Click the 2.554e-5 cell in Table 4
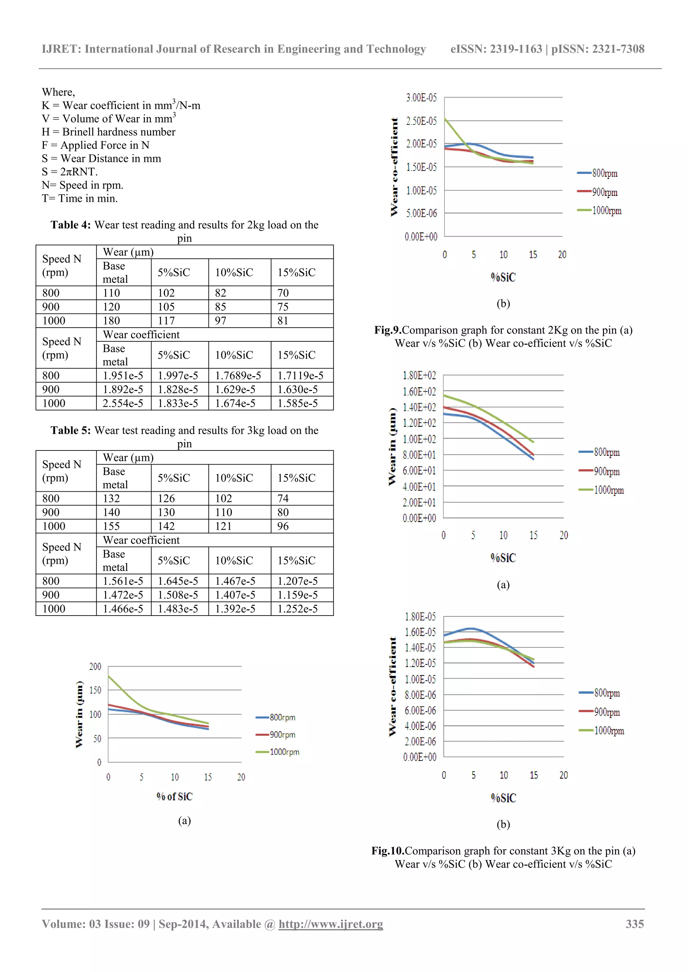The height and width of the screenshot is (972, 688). (x=123, y=403)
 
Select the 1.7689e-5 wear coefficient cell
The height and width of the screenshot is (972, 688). (x=238, y=376)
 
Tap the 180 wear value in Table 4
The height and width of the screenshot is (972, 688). (x=112, y=321)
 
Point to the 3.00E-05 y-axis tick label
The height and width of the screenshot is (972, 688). (x=421, y=98)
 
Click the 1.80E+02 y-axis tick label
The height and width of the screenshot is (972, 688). (x=419, y=376)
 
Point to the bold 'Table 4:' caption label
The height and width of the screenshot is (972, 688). (x=70, y=225)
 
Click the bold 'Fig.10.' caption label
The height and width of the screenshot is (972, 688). (x=388, y=851)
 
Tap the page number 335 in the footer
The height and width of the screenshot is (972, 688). (x=635, y=924)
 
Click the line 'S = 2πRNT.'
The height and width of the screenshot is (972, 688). (x=70, y=172)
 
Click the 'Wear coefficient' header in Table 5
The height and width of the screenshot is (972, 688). (x=141, y=540)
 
